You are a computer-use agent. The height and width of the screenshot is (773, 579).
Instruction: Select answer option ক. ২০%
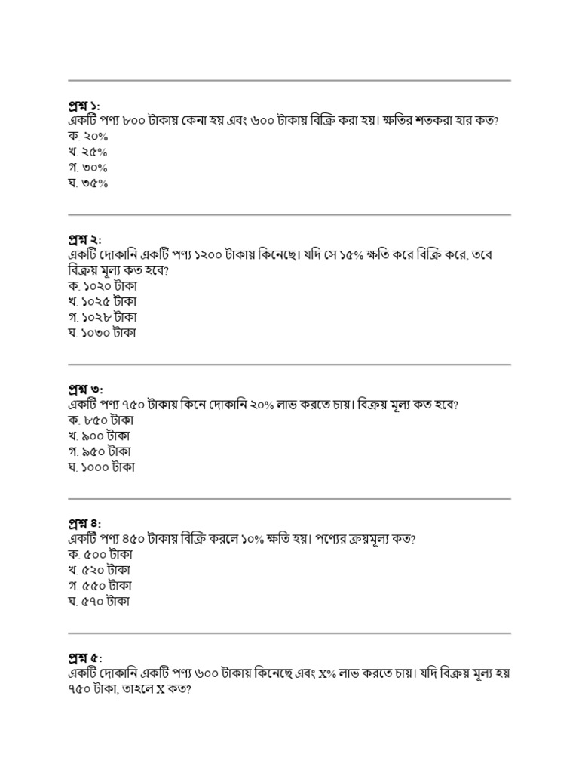pos(87,136)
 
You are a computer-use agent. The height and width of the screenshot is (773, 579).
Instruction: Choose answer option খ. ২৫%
pos(87,152)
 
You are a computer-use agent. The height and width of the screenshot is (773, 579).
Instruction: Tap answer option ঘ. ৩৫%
pos(87,183)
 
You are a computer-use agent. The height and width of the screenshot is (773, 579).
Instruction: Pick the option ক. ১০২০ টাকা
pos(102,287)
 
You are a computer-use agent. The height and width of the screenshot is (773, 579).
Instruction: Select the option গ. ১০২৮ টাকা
pos(102,317)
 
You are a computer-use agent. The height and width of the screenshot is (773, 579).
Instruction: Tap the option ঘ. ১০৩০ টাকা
pos(102,333)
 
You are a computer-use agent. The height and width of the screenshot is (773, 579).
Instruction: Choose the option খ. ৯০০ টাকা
pos(99,436)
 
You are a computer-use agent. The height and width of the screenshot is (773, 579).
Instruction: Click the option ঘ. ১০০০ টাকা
pos(101,467)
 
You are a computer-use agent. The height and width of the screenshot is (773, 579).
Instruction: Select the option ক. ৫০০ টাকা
pos(99,556)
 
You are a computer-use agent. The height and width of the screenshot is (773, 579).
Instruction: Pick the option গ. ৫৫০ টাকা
pos(99,587)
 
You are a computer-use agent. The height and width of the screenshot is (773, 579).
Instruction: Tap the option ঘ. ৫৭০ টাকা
pos(99,602)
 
